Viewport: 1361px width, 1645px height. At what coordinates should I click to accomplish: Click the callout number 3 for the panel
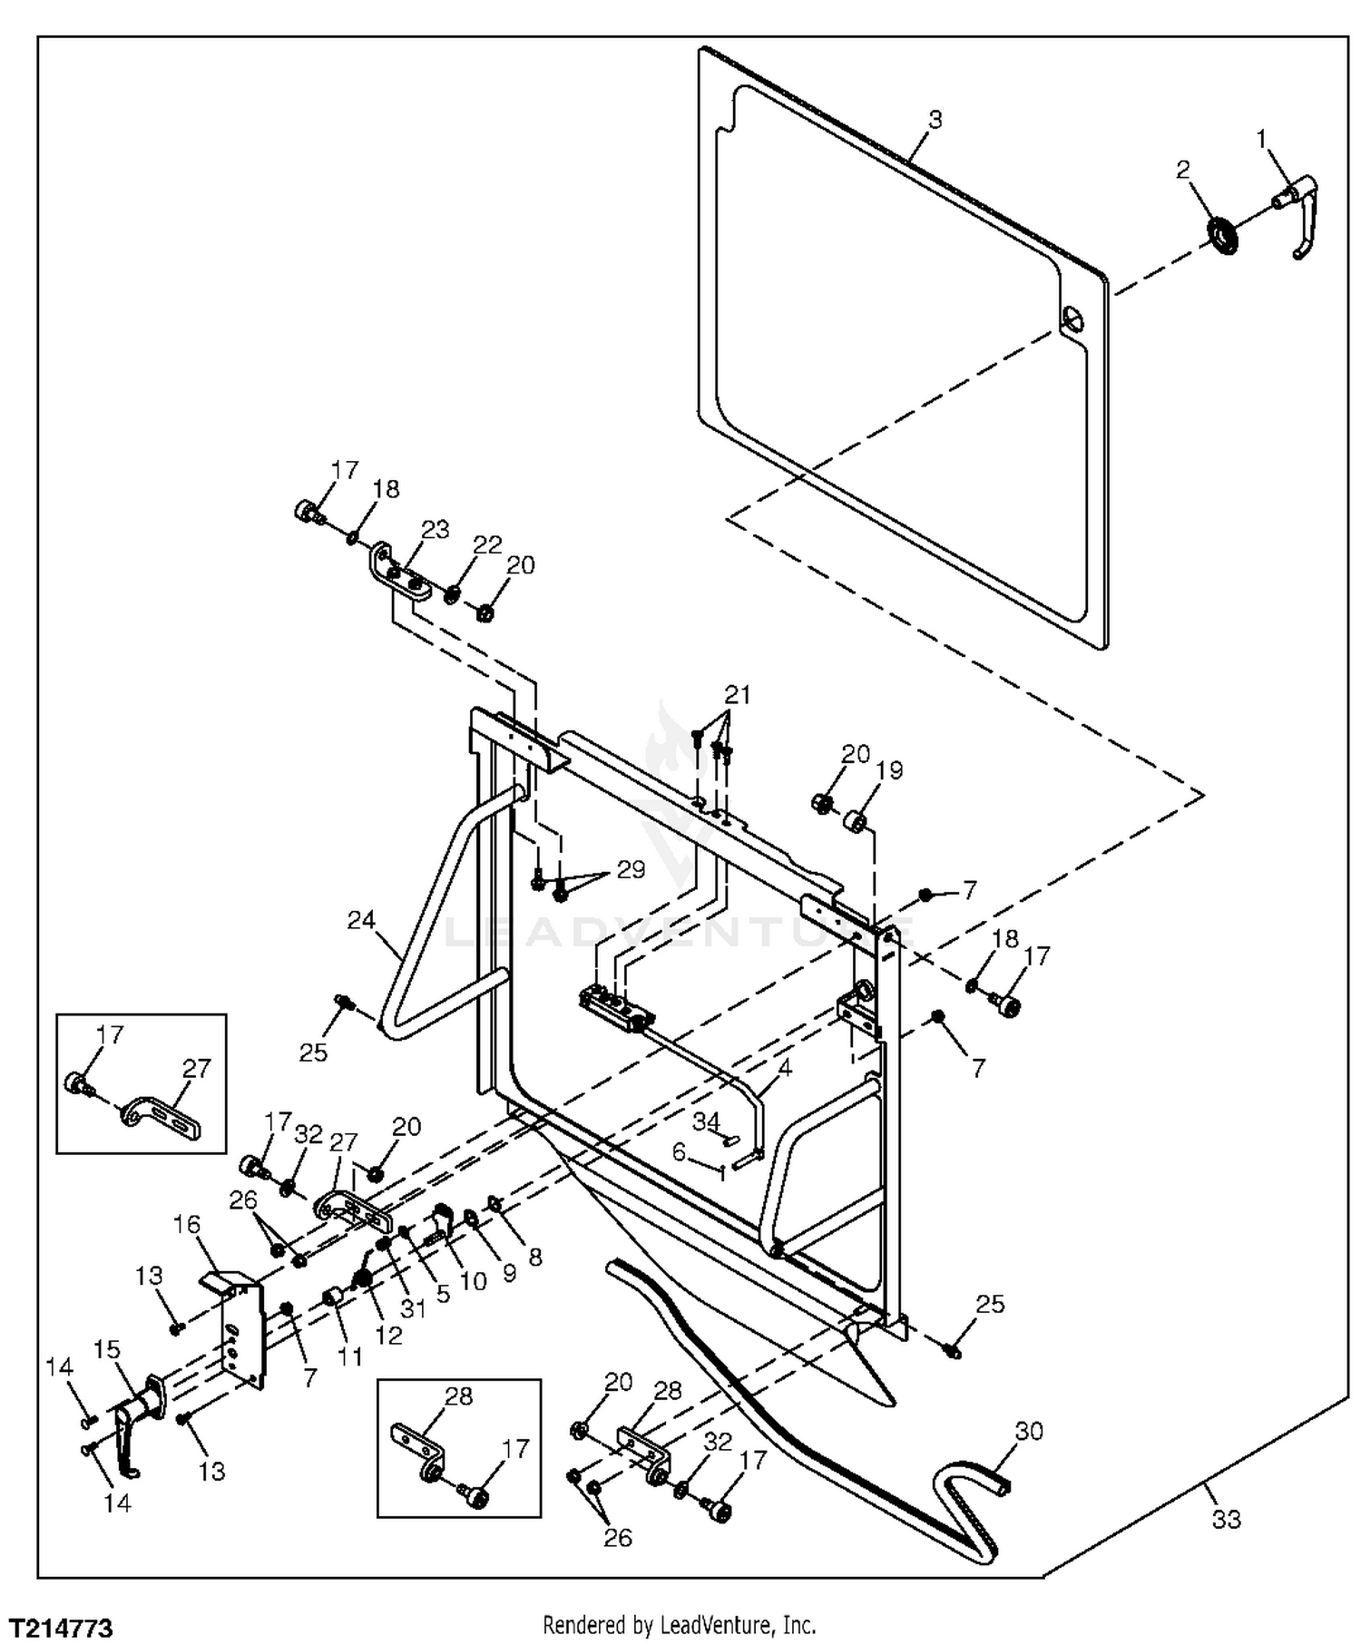click(935, 119)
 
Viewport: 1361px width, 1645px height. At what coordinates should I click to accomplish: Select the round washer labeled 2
click(1222, 237)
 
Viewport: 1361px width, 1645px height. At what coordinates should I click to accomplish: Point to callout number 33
click(1226, 1518)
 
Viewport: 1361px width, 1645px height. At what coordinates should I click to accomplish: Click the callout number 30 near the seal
click(1029, 1431)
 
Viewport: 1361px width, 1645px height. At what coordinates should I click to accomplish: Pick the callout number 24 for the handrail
click(361, 919)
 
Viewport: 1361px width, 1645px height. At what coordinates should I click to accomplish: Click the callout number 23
click(436, 529)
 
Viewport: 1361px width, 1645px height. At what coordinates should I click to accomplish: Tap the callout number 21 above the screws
click(738, 695)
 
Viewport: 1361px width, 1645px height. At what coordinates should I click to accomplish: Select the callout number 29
click(631, 869)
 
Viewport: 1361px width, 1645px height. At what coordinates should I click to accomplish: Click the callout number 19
click(890, 770)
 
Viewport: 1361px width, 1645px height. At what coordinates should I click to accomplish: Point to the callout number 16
click(187, 1224)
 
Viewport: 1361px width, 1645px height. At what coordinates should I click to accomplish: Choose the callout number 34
click(706, 1121)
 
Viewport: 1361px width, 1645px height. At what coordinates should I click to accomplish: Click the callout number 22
click(487, 544)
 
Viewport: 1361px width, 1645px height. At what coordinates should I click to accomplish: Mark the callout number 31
click(413, 1308)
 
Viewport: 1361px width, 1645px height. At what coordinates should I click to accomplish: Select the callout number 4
click(785, 1068)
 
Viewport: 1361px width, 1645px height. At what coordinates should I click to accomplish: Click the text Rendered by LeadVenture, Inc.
click(679, 1624)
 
